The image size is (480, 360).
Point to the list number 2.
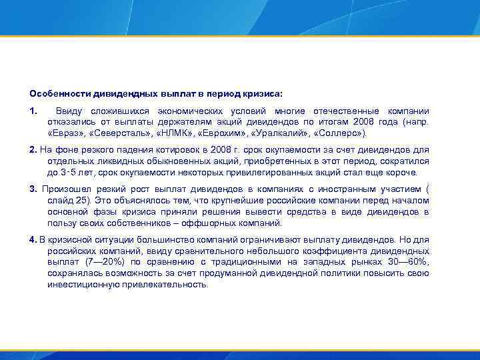[x=33, y=150]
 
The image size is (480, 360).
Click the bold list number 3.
[x=33, y=189]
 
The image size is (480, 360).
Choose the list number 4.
[x=33, y=239]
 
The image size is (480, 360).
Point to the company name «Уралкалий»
[x=283, y=133]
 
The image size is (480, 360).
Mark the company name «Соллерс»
[x=341, y=133]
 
